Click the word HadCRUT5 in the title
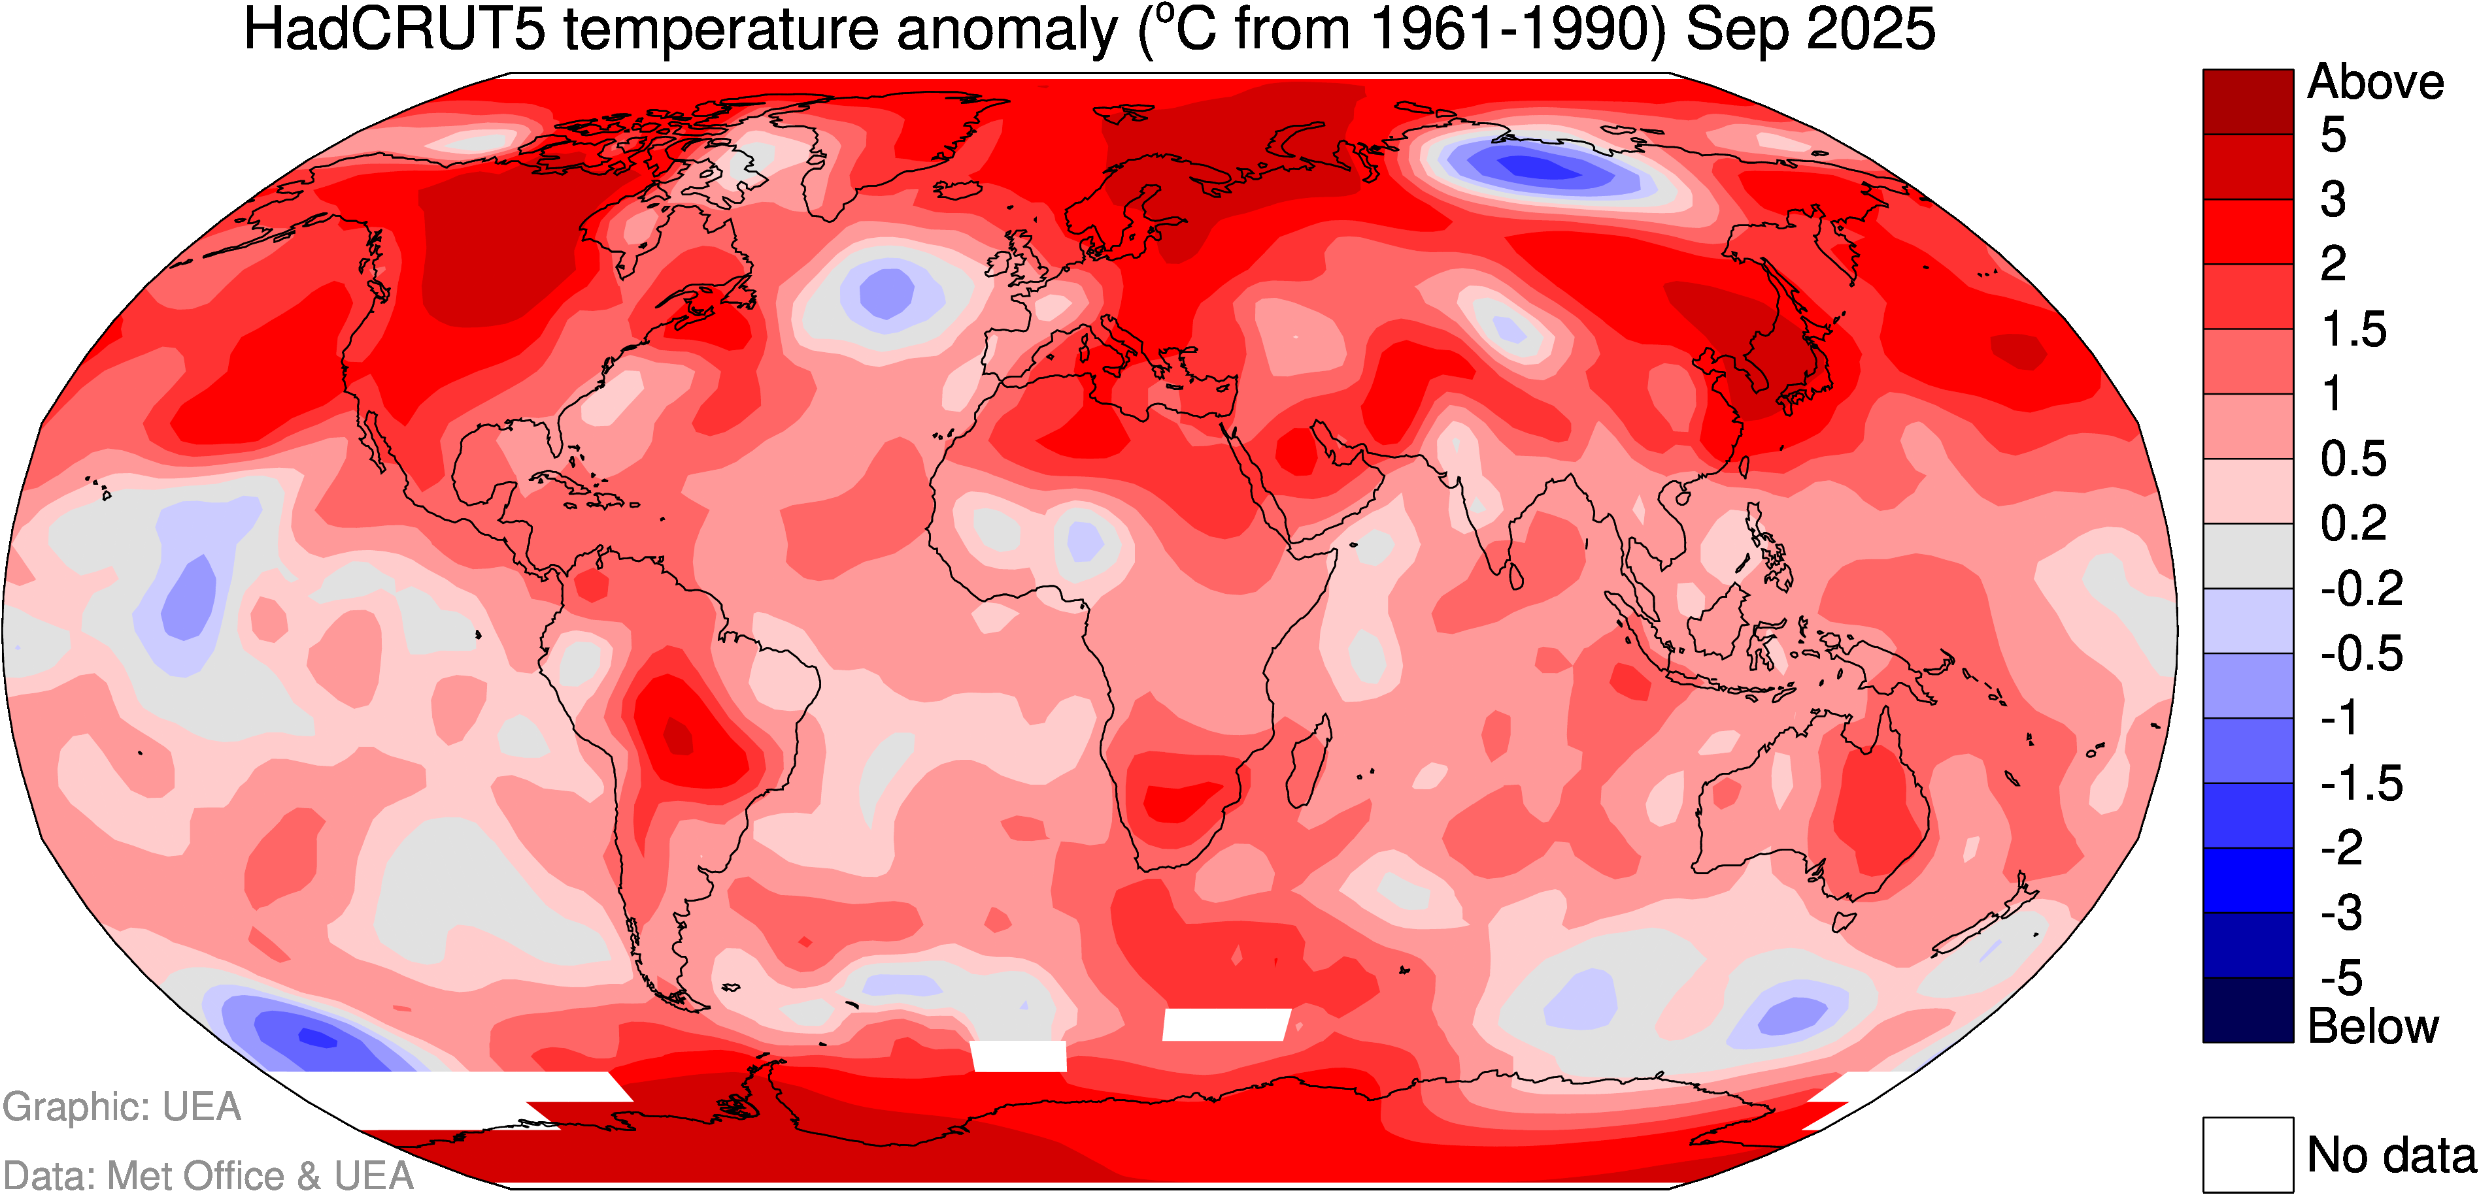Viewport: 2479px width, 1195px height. click(395, 29)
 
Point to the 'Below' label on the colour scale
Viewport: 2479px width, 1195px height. click(2372, 1026)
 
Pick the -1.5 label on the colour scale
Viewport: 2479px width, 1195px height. click(2361, 784)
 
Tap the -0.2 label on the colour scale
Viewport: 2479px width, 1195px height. click(2361, 589)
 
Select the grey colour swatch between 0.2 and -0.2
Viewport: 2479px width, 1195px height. click(2248, 556)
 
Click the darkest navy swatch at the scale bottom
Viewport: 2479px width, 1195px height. click(2248, 1010)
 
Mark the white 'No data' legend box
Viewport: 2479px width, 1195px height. click(2248, 1154)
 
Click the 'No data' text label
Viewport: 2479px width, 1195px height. click(2391, 1154)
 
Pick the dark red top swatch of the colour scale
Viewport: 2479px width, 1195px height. click(2248, 101)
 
